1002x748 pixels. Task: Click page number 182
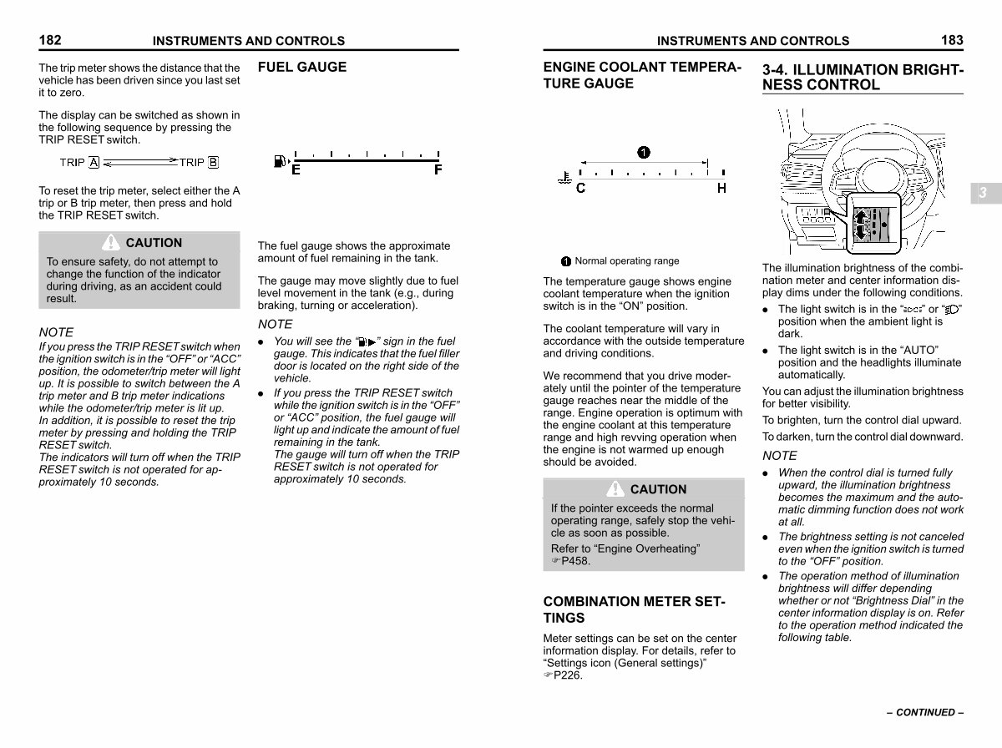point(50,40)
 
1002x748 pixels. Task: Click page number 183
point(952,40)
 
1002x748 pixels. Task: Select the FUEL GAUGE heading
point(302,67)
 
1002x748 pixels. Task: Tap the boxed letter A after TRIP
point(94,163)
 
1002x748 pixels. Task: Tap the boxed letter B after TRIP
point(213,163)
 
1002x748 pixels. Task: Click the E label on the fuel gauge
point(296,170)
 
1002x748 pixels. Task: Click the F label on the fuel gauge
point(438,170)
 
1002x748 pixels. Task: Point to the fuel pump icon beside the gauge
point(280,161)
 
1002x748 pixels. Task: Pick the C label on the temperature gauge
point(580,188)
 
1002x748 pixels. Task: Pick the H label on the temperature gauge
point(721,188)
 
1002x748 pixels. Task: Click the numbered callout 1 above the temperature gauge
point(644,153)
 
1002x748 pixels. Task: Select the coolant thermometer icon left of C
point(565,178)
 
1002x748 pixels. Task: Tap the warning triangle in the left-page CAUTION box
point(111,242)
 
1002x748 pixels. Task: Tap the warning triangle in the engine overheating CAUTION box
point(615,488)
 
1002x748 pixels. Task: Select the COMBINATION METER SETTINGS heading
point(634,609)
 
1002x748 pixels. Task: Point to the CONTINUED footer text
point(925,712)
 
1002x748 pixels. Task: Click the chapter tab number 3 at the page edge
point(983,193)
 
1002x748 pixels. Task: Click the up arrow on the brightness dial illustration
point(861,216)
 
